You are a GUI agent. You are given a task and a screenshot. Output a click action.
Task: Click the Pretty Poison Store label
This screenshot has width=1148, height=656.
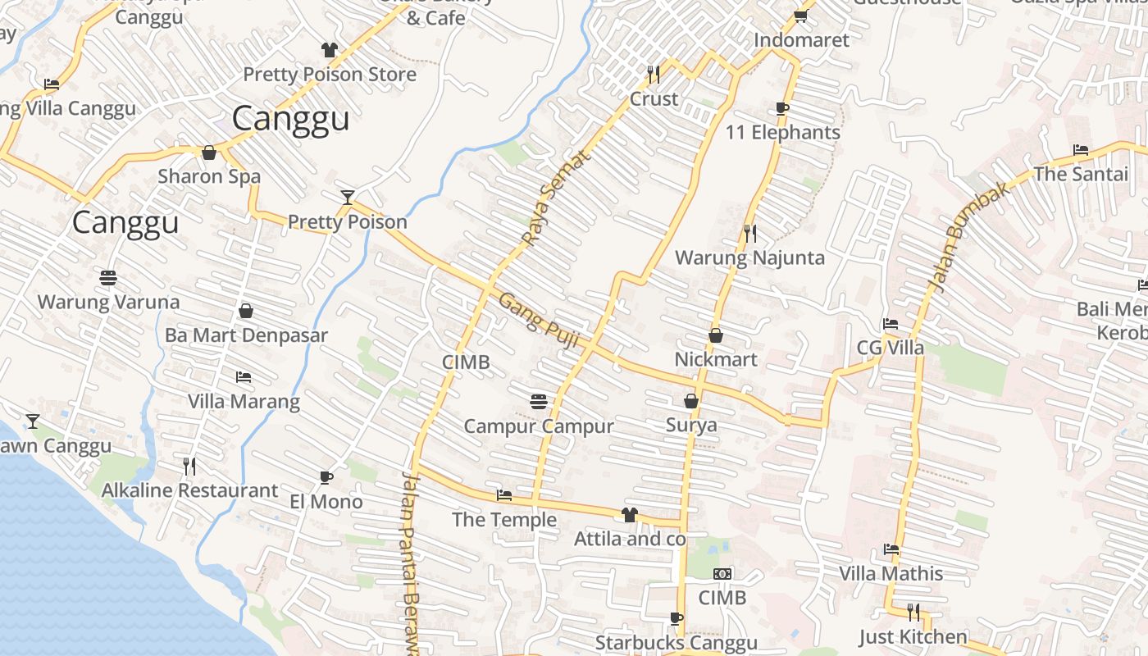click(330, 75)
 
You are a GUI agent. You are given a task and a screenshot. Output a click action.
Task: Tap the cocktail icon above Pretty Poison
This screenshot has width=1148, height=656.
click(348, 197)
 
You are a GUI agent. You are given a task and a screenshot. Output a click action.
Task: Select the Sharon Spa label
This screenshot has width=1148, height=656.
click(209, 176)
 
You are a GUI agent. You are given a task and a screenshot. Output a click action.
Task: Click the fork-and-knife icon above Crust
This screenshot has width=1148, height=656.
click(654, 75)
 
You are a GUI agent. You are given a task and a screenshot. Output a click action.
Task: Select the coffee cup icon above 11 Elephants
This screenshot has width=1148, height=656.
click(781, 108)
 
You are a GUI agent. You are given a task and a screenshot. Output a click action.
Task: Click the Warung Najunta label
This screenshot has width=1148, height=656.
click(749, 258)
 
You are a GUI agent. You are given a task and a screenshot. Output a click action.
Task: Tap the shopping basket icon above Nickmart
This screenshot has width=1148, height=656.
click(715, 335)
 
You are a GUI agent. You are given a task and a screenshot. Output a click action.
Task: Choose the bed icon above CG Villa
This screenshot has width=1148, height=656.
click(890, 323)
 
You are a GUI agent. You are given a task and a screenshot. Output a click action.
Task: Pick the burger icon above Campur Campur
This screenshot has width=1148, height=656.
click(539, 401)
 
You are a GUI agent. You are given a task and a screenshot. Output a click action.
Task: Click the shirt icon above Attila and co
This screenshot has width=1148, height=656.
click(629, 514)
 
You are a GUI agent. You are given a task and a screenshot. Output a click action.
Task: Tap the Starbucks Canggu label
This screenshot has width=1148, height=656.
click(676, 642)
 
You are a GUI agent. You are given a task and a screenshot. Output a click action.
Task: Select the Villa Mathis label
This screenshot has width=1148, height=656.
click(891, 573)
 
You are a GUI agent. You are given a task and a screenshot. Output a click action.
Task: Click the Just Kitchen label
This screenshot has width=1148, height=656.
click(913, 636)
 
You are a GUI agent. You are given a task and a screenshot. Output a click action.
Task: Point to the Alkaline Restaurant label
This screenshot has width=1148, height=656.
click(189, 490)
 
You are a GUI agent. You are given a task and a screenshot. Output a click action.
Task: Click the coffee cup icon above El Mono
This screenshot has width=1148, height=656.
click(326, 477)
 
